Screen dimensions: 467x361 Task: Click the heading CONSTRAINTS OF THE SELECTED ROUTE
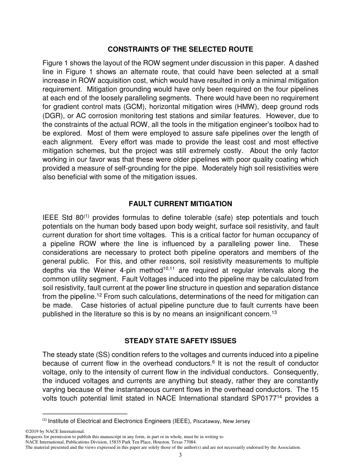pos(180,49)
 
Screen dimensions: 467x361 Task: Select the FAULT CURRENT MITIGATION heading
pos(180,204)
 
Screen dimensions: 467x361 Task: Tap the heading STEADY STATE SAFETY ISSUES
pos(180,341)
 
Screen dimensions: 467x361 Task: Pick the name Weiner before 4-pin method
pos(101,270)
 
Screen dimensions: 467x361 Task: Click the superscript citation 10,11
pos(169,268)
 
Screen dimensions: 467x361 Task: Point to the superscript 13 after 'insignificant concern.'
pos(274,312)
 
